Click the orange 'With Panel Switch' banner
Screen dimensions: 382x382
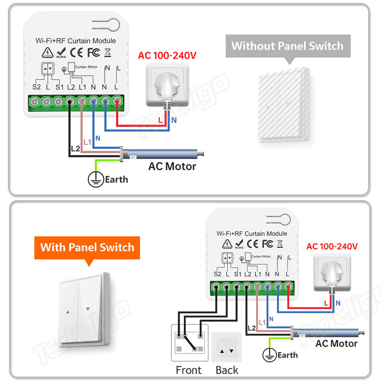87,248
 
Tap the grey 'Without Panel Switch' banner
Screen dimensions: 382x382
287,46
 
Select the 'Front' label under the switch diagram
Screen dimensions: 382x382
189,370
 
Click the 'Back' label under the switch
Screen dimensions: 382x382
227,370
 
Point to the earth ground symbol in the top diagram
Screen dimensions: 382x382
95,179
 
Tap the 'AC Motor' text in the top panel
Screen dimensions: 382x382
172,167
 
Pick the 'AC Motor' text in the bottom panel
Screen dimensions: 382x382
336,344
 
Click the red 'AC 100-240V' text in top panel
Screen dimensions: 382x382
167,56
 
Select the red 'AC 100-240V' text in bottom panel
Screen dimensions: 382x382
332,247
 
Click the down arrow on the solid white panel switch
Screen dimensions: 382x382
87,309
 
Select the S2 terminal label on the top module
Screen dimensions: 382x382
36,87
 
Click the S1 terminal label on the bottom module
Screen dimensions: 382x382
238,274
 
